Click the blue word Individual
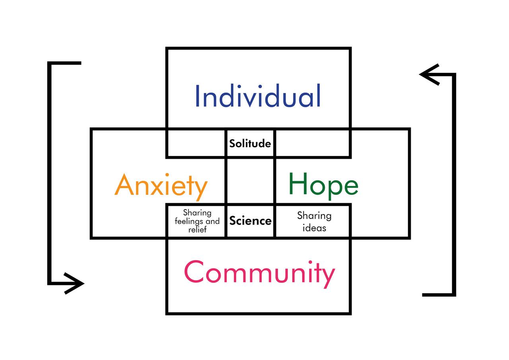(x=258, y=96)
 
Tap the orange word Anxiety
(x=161, y=185)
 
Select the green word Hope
(x=323, y=184)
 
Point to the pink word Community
(x=259, y=272)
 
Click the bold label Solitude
(x=250, y=144)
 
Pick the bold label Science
(x=250, y=221)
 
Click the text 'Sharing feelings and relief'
(x=197, y=222)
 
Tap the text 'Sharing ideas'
(x=314, y=222)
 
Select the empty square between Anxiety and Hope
(x=250, y=181)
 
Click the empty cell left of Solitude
(x=196, y=143)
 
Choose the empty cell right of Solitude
(x=313, y=143)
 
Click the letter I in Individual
(x=197, y=96)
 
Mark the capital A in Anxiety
(x=124, y=185)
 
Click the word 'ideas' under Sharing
(x=314, y=228)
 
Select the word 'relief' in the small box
(x=197, y=230)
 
